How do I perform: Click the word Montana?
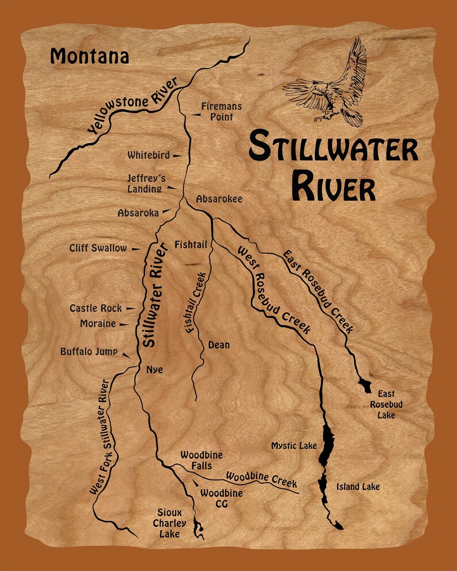[89, 56]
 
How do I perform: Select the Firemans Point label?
[221, 112]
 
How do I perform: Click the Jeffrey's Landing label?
[146, 183]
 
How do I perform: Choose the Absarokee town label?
[219, 199]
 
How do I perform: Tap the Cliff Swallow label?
[98, 248]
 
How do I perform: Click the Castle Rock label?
[96, 308]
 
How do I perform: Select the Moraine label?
[98, 324]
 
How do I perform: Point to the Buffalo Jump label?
[89, 351]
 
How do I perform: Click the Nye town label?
[154, 370]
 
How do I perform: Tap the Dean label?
[218, 345]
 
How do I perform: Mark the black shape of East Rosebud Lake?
[365, 384]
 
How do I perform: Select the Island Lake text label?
[358, 486]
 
